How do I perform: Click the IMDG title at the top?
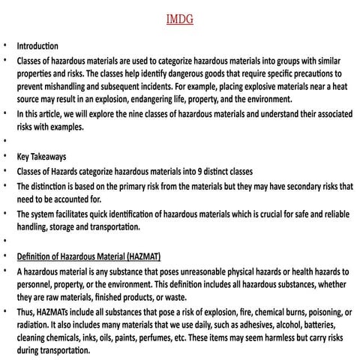pos(180,19)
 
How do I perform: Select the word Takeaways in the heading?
pos(48,157)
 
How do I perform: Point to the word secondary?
pos(301,185)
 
